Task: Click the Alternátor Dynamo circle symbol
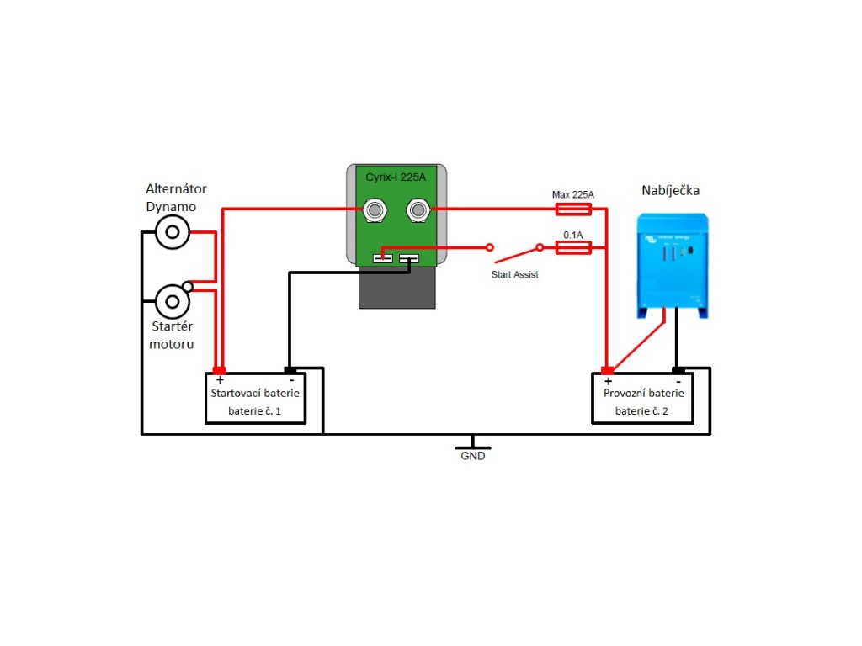tap(173, 232)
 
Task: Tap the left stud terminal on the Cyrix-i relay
tap(375, 209)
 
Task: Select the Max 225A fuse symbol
tap(574, 209)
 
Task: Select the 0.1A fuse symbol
tap(574, 247)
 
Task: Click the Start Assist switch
tap(514, 250)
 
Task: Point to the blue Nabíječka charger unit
tap(673, 264)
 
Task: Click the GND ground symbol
tap(473, 443)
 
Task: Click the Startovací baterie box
tap(255, 399)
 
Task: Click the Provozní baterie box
tap(642, 399)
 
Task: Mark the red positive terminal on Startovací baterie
tap(220, 370)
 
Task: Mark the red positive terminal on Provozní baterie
tap(607, 370)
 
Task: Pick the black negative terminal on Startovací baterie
tap(290, 370)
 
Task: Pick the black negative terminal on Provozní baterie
tap(678, 370)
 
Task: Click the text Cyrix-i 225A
tap(396, 177)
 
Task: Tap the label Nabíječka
tap(670, 191)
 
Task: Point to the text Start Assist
tap(514, 274)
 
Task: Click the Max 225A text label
tap(573, 194)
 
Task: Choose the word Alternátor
tap(176, 188)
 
